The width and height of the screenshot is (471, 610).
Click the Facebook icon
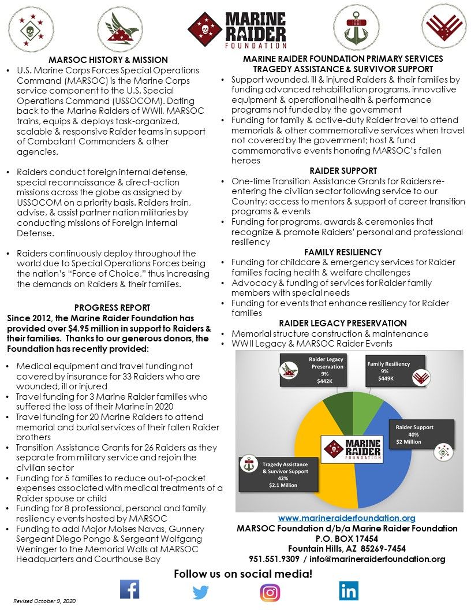point(129,589)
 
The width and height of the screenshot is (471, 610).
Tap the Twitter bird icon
point(200,592)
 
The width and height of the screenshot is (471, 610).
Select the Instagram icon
point(270,593)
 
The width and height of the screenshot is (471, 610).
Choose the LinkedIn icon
point(349,590)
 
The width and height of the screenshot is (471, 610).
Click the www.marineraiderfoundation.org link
point(346,518)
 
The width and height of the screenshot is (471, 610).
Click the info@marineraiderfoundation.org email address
point(379,559)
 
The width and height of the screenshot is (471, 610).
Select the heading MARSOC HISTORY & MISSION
point(108,59)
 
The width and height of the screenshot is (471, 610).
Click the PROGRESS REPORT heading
point(112,308)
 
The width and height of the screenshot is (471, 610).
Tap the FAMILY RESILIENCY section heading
point(343,252)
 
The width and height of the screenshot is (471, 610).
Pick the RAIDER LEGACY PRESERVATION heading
point(343,323)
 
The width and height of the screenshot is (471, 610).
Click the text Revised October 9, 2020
point(44,601)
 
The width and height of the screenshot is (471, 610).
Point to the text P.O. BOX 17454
point(346,538)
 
